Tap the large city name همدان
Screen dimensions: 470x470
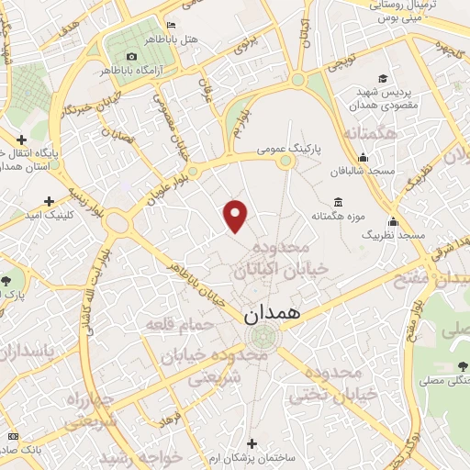point(273,313)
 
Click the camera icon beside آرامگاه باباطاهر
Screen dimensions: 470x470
point(131,57)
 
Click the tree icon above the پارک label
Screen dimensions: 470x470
point(7,279)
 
